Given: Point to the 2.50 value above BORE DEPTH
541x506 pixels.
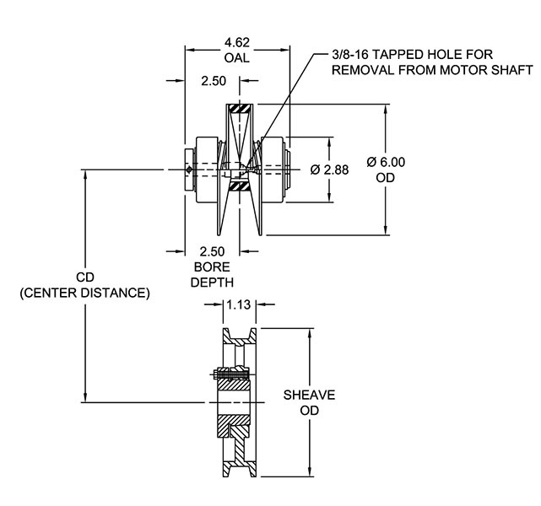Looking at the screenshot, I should [213, 251].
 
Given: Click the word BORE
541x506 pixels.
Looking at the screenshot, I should [213, 266].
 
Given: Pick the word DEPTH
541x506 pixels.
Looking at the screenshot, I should [213, 282].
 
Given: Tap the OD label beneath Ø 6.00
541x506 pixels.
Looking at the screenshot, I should [387, 178].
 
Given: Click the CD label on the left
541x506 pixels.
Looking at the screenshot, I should [84, 277].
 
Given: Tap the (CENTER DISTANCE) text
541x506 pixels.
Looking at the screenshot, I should [84, 293].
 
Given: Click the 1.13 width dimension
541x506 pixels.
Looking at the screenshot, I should [239, 307].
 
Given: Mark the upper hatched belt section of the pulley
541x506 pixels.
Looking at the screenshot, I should [241, 110].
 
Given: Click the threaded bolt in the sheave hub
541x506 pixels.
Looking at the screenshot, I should [229, 376].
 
